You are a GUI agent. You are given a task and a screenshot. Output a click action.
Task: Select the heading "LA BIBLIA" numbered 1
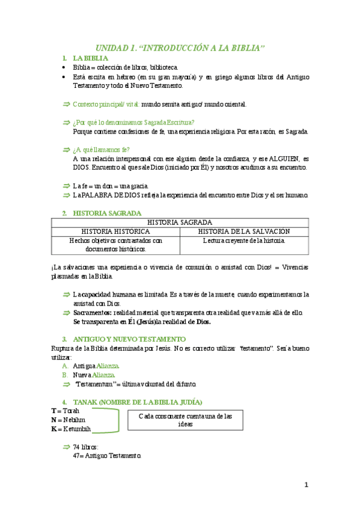(90, 58)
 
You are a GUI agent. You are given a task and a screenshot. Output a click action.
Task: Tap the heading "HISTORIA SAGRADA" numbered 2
(107, 213)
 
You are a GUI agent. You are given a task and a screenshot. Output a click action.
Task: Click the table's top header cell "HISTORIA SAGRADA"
(180, 223)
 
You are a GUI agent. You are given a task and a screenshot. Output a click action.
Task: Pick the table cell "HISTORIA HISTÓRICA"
(115, 232)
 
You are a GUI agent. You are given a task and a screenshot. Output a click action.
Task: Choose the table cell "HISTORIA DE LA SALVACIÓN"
(244, 232)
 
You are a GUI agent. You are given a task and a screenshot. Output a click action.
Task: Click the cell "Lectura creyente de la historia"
(244, 241)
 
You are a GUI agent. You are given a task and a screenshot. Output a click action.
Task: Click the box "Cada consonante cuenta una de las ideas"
(186, 420)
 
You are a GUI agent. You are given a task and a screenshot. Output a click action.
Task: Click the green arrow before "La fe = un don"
(66, 185)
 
